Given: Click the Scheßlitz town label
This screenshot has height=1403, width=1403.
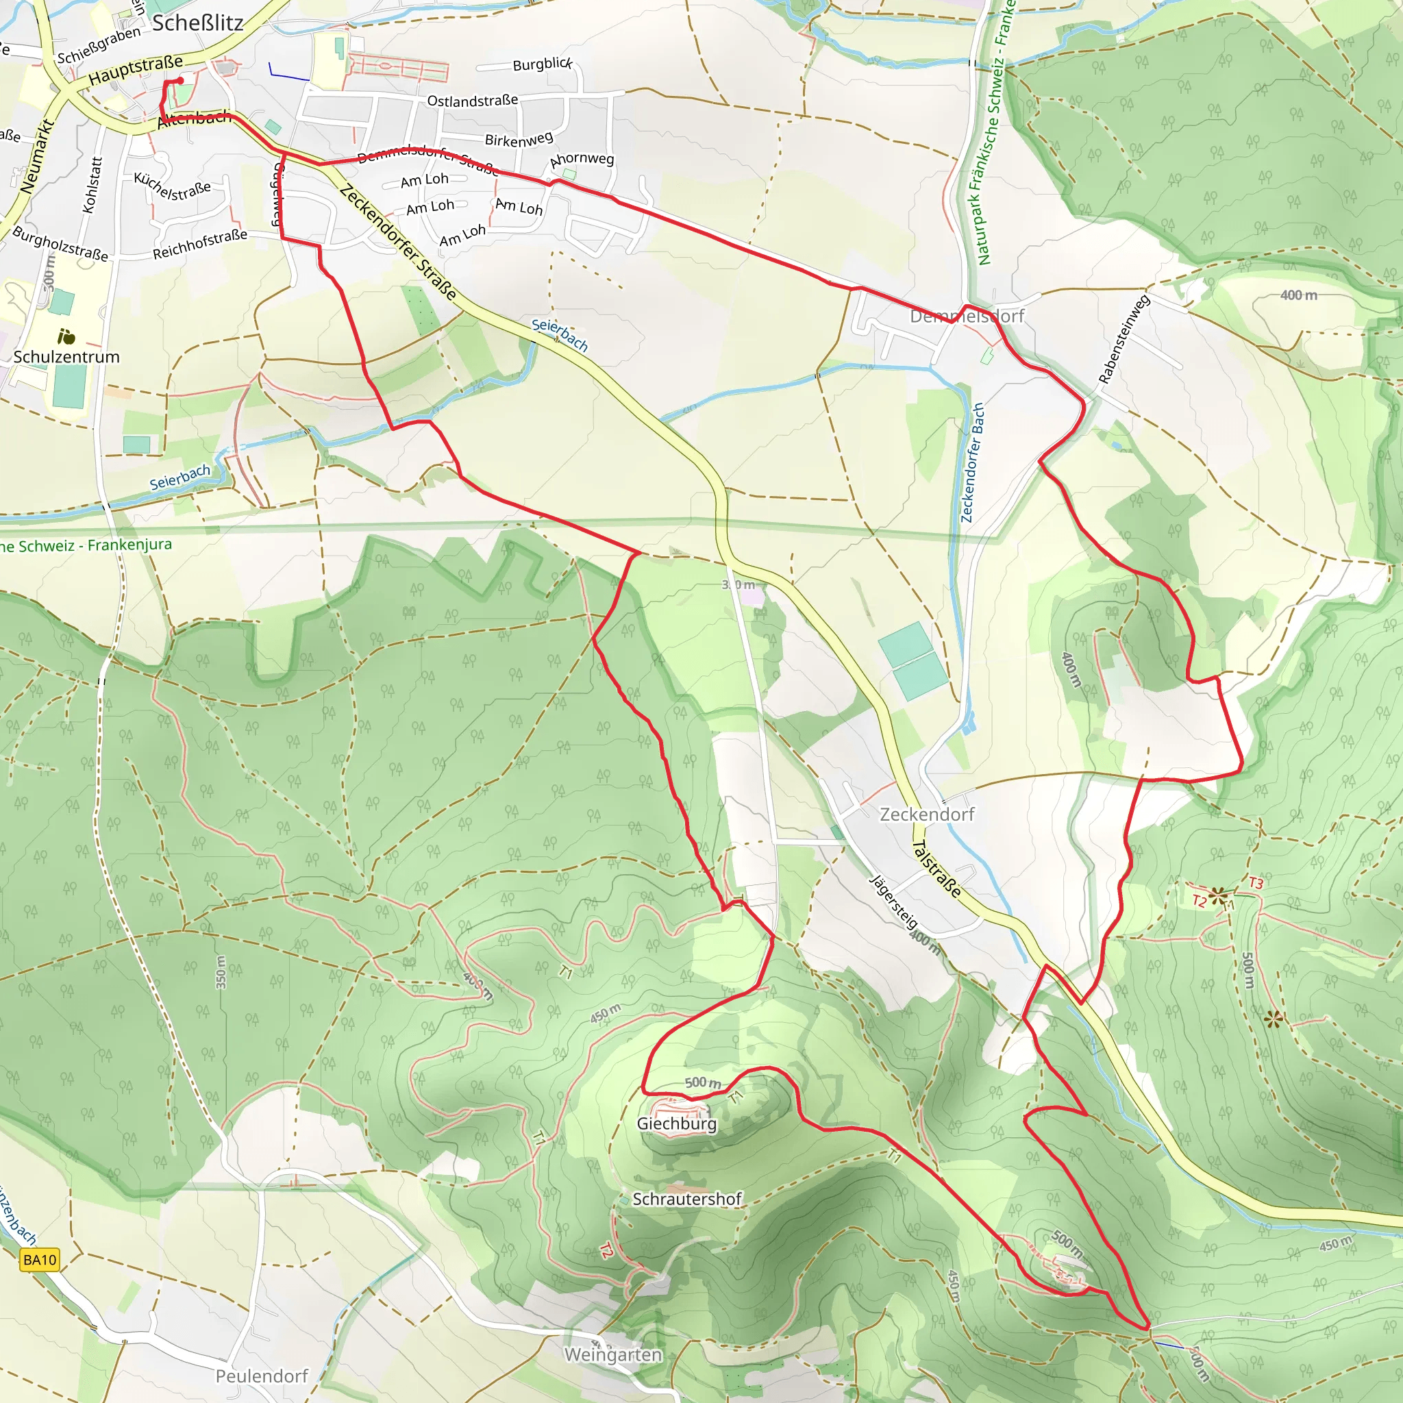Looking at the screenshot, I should point(197,23).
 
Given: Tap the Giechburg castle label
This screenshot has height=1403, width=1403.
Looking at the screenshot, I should point(676,1123).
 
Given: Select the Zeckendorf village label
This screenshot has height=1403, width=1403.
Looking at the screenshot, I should point(927,814).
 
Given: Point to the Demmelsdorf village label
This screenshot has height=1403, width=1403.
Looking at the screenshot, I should point(967,316).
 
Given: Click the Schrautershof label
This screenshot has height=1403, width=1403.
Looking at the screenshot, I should point(687,1199).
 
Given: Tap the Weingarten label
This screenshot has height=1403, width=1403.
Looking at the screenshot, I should point(613,1354).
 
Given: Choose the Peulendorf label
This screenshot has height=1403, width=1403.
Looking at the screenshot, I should point(262,1376).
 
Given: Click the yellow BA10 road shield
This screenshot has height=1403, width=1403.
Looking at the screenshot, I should point(39,1260).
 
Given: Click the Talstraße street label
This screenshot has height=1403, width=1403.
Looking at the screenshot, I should point(936,869).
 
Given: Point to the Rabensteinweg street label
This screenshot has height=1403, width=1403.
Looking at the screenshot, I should point(1123,339).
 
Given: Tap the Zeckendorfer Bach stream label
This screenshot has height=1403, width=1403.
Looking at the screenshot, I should point(972,462).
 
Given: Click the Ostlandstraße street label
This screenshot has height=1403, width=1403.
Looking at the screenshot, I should point(472,100).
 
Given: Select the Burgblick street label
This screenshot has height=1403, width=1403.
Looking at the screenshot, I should point(543,64).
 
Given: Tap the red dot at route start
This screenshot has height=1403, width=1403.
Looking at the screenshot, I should point(179,81).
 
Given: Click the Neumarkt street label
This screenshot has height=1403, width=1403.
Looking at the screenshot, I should point(38,156).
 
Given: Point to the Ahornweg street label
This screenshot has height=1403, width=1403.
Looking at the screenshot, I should point(582,159).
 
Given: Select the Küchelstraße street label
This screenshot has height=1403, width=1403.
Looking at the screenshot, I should point(172,186).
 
